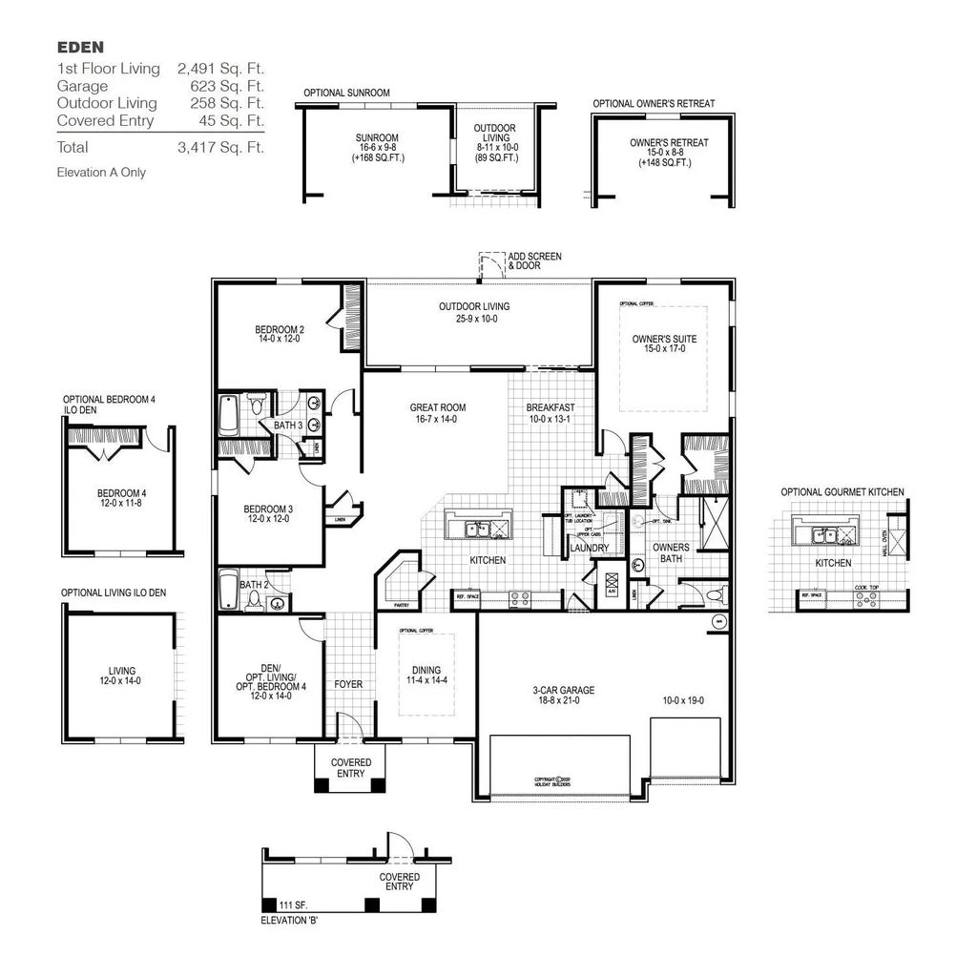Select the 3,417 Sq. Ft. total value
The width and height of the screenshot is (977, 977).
(x=219, y=147)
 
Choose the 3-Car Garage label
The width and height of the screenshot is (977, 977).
(x=563, y=690)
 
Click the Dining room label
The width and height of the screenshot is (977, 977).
(x=426, y=670)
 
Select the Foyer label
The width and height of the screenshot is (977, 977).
(x=348, y=684)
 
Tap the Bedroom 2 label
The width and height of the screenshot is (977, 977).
(x=280, y=330)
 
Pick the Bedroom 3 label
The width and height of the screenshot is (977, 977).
(x=267, y=509)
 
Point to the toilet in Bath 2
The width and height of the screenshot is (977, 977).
(x=254, y=600)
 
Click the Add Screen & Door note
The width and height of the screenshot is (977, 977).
(x=534, y=261)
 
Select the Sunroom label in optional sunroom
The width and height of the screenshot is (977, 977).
(x=377, y=138)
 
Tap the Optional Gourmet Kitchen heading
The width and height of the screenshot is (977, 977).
(x=842, y=492)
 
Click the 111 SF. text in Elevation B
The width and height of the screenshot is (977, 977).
(x=293, y=904)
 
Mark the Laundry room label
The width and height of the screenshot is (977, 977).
(x=589, y=549)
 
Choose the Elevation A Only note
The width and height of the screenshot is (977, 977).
(x=101, y=173)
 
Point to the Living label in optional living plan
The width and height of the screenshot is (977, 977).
(x=122, y=671)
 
